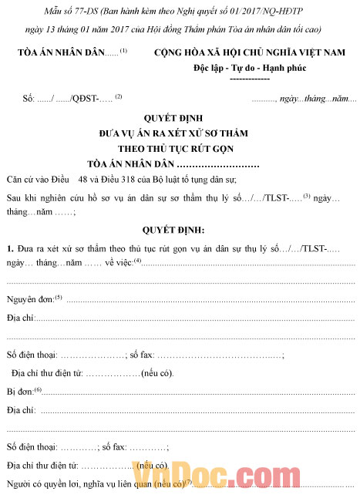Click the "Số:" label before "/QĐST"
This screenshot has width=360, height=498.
click(30, 99)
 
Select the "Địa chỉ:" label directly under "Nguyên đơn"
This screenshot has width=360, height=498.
click(21, 317)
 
